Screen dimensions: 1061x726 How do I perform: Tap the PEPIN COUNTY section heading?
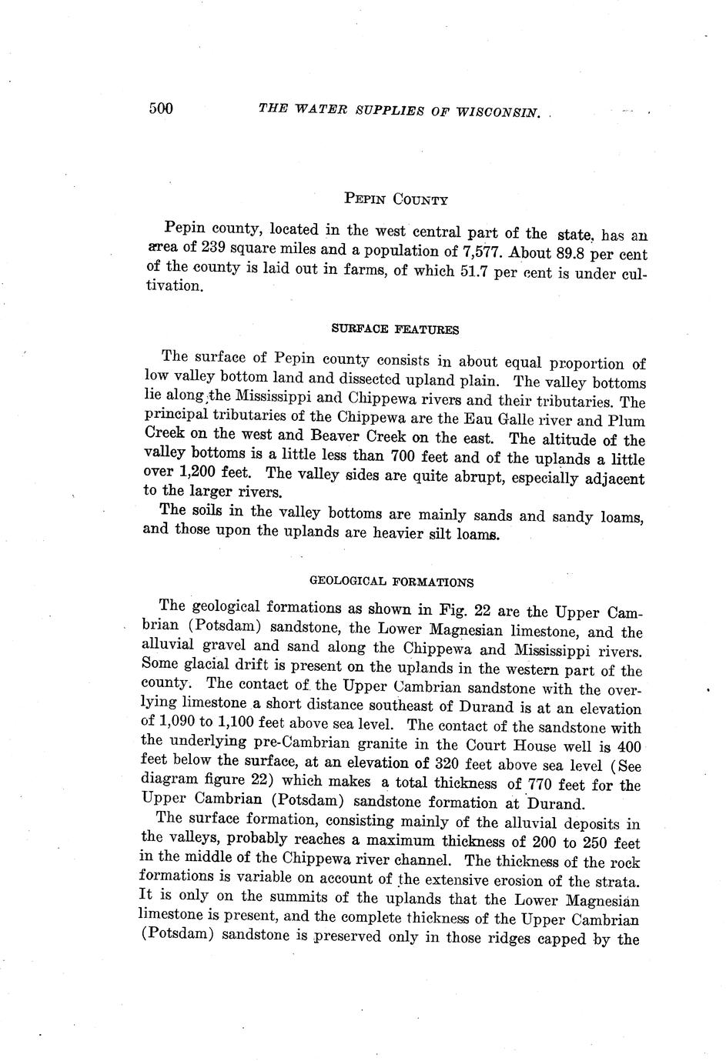pyautogui.click(x=396, y=200)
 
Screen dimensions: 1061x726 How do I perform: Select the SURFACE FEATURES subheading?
pyautogui.click(x=395, y=329)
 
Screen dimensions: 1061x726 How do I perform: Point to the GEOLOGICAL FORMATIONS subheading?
pyautogui.click(x=391, y=582)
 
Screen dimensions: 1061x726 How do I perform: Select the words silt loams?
pyautogui.click(x=460, y=533)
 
